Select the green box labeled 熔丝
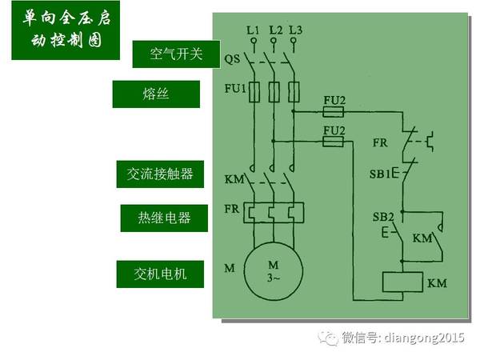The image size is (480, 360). click(x=155, y=94)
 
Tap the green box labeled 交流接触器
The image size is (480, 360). click(x=160, y=174)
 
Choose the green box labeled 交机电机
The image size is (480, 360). click(x=161, y=274)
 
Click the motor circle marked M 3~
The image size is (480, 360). click(x=274, y=271)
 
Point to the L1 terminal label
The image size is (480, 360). click(x=253, y=30)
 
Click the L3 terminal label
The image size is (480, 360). click(x=296, y=30)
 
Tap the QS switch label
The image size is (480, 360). click(x=232, y=58)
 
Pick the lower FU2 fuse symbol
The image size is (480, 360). click(x=334, y=141)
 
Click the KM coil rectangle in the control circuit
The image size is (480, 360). click(x=403, y=282)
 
